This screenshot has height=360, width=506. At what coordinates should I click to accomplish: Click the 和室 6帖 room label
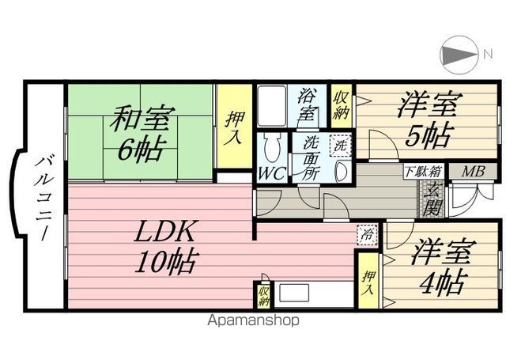pyautogui.click(x=142, y=133)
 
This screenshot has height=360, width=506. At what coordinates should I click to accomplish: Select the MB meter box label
pyautogui.click(x=474, y=171)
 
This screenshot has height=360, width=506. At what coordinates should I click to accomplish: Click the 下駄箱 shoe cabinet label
pyautogui.click(x=423, y=172)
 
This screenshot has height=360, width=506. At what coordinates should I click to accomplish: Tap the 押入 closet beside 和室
pyautogui.click(x=235, y=126)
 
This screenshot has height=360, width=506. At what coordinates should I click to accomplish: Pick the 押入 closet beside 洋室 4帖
pyautogui.click(x=368, y=282)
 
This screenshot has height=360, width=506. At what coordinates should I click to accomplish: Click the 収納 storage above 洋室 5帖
pyautogui.click(x=341, y=103)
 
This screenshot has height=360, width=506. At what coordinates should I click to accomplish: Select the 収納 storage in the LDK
pyautogui.click(x=263, y=295)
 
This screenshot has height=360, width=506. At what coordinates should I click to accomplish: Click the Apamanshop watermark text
pyautogui.click(x=253, y=321)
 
